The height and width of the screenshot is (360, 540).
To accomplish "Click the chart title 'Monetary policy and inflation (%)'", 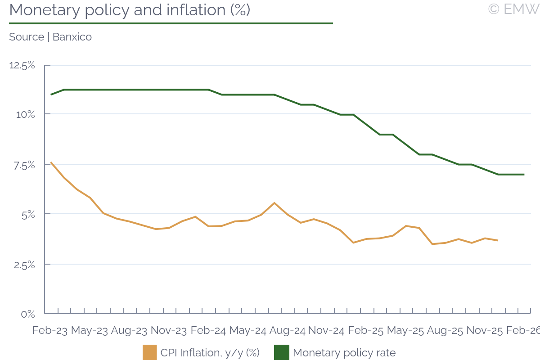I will [129, 10].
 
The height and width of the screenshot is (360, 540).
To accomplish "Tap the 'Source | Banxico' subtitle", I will [50, 37].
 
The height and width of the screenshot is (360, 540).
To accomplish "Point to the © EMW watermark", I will [513, 9].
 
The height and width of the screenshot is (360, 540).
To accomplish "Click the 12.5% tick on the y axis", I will [22, 65].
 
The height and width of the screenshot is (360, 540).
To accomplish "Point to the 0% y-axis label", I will [28, 314].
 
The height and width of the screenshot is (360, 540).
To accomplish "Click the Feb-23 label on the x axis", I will [50, 331].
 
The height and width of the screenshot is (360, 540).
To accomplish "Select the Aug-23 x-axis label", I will [129, 331].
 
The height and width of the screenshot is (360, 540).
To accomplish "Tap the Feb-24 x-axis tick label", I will [208, 331].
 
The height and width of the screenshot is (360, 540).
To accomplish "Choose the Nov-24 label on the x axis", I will [327, 331].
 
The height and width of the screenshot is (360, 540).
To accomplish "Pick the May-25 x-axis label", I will [405, 331].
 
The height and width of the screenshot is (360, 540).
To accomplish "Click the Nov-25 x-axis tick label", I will [484, 331].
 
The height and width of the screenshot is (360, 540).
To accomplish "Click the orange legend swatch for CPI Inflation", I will [149, 352].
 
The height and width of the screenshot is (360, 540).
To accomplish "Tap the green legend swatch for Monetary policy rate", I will [281, 352].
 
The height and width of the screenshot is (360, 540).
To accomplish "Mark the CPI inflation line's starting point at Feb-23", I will [51, 162].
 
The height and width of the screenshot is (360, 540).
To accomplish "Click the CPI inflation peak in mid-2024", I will [274, 203].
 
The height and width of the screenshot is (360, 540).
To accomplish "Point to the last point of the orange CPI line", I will [497, 240].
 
